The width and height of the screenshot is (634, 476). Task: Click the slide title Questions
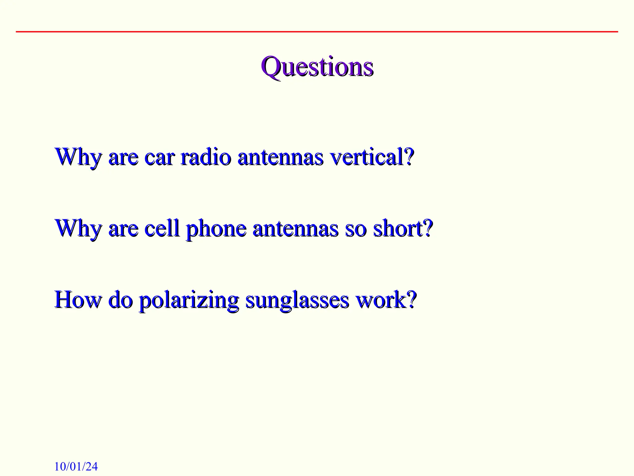pyautogui.click(x=317, y=67)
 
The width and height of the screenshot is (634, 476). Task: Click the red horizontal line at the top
pyautogui.click(x=317, y=32)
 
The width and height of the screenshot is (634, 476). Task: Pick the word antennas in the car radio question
pyautogui.click(x=280, y=157)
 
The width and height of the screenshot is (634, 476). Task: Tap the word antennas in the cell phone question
pyautogui.click(x=296, y=229)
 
